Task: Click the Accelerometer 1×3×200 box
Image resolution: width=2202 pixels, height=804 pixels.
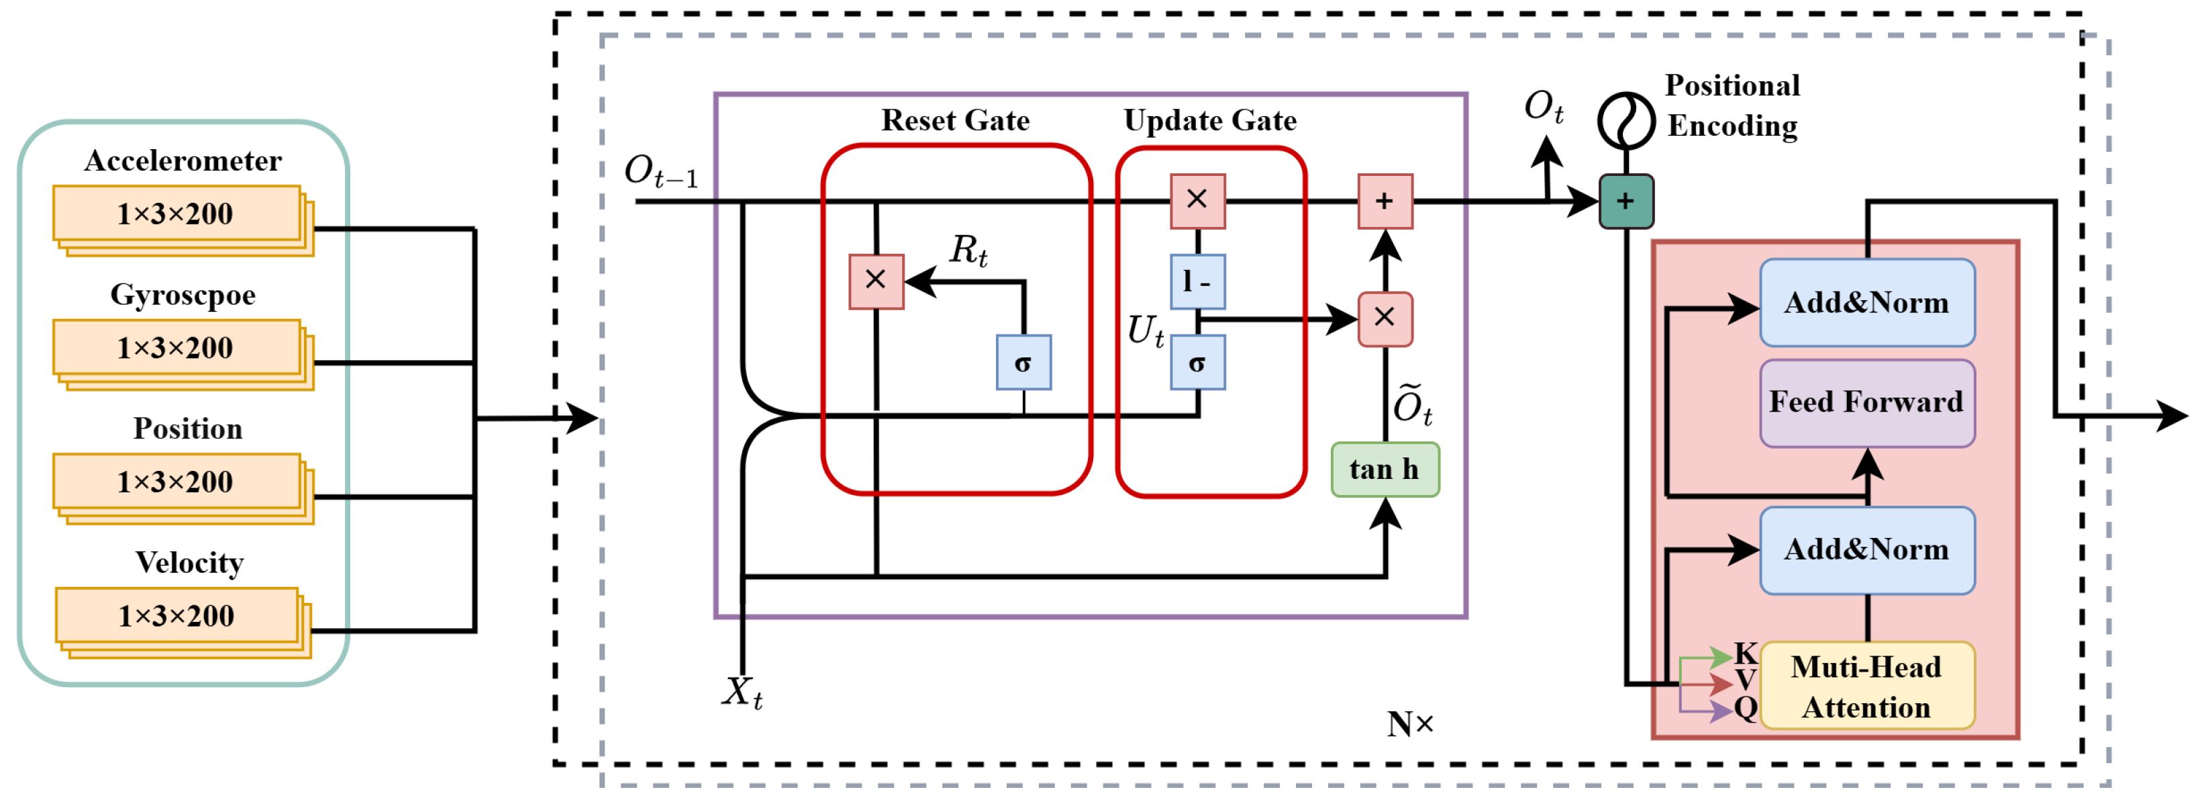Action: click(x=176, y=214)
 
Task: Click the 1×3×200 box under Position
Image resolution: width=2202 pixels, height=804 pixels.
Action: click(x=176, y=482)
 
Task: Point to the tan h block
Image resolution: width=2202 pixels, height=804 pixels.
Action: click(x=1385, y=470)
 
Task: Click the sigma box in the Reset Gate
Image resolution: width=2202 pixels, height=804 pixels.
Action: click(x=1023, y=363)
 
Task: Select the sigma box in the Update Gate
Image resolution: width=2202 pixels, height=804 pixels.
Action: click(x=1197, y=363)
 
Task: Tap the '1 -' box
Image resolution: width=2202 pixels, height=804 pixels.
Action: click(x=1197, y=281)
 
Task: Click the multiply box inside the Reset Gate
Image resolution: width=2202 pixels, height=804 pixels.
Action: click(x=875, y=281)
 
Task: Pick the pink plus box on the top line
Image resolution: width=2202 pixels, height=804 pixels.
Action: click(x=1385, y=201)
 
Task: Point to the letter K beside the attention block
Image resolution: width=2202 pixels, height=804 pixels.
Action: click(x=1746, y=654)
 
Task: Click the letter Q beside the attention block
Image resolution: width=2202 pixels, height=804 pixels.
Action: click(x=1746, y=708)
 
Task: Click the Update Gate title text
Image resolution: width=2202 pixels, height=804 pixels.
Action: click(x=1209, y=121)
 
